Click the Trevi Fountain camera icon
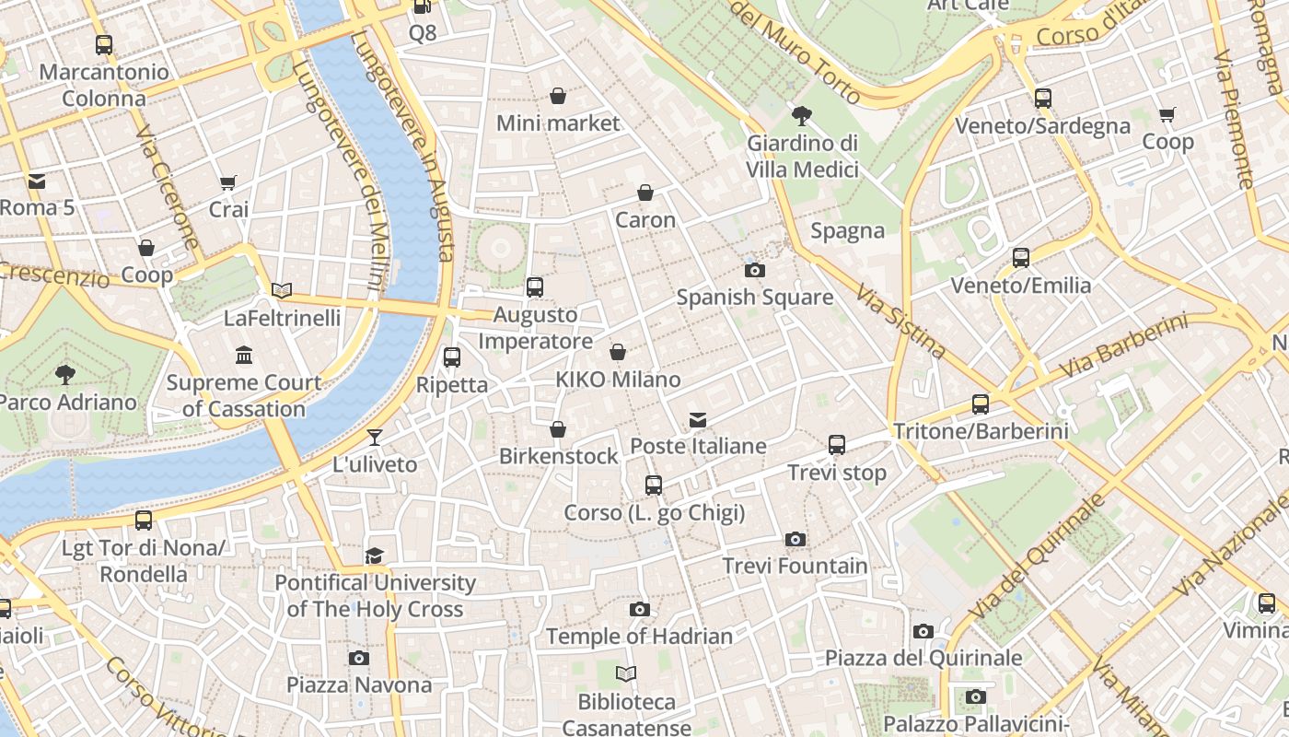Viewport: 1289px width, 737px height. (795, 539)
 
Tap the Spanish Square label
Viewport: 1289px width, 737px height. (754, 298)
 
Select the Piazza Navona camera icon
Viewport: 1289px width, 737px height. (359, 658)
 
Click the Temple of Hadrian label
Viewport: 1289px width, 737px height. (639, 637)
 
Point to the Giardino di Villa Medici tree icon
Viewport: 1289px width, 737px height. (801, 116)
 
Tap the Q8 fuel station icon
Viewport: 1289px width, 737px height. (422, 7)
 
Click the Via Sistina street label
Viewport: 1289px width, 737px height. (900, 321)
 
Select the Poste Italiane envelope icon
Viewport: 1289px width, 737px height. (698, 420)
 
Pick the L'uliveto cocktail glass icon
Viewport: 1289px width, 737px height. (375, 437)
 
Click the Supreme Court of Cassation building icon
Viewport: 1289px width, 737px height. (244, 356)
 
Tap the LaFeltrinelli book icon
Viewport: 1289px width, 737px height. (282, 291)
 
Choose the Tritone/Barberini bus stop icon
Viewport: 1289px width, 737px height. (981, 404)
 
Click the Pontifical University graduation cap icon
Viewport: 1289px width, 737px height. (374, 556)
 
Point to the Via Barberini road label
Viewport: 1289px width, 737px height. (1122, 346)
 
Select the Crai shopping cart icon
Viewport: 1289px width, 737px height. (227, 182)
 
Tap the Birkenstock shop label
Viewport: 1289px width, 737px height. (558, 456)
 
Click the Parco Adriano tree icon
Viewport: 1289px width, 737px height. (64, 374)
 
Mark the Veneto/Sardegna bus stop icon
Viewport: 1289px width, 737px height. (1042, 99)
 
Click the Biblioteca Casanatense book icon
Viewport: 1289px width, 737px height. (626, 674)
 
